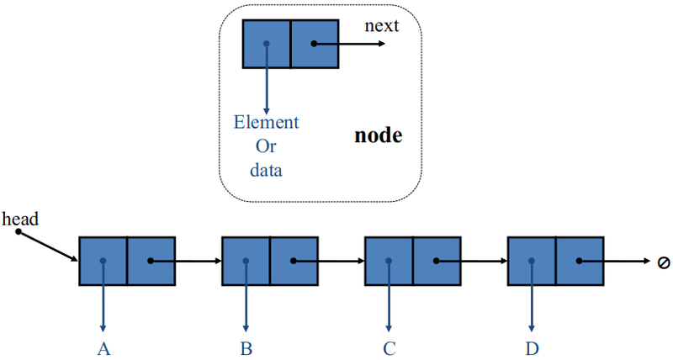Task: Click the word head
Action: pos(20,219)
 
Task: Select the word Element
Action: pos(266,123)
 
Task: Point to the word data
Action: pos(266,170)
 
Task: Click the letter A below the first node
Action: pos(103,347)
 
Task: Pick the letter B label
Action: pos(246,347)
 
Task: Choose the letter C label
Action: pos(389,347)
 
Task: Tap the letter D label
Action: pos(532,347)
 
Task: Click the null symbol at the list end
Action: pos(664,262)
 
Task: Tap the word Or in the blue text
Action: pos(266,146)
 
